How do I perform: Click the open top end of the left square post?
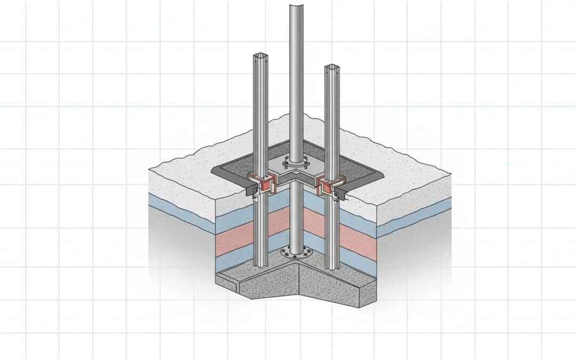point(259,56)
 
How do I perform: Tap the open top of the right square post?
point(331,68)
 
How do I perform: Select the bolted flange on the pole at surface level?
point(295,162)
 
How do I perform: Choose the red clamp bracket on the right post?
point(326,185)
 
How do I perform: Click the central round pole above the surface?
point(294,80)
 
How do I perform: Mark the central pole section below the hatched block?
point(295,219)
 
